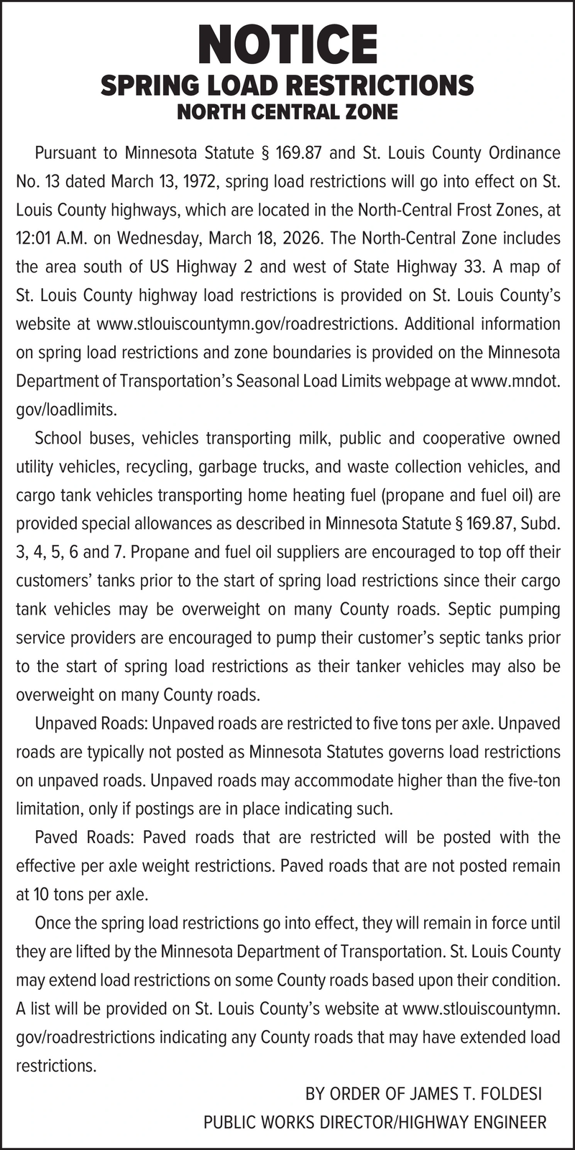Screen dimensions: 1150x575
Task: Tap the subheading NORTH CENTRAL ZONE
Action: coord(287,112)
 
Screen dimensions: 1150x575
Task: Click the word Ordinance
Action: coord(524,153)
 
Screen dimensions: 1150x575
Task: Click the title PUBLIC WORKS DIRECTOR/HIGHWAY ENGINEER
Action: coord(374,1122)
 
